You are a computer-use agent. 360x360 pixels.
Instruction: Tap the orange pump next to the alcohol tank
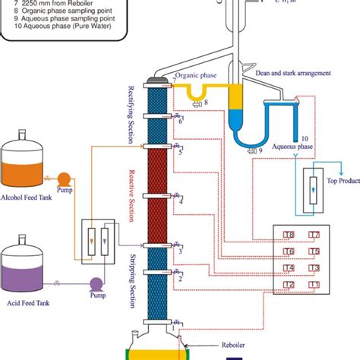[x=64, y=179]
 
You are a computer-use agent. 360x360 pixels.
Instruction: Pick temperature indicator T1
[x=314, y=284]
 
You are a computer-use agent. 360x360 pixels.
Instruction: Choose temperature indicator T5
[x=314, y=251]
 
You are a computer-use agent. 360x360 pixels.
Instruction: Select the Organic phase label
[x=194, y=76]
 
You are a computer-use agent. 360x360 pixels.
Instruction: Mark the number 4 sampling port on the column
[x=180, y=201]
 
